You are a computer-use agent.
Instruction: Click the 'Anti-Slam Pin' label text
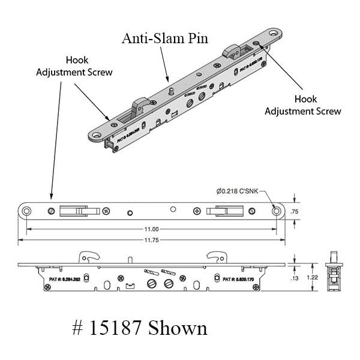(165, 39)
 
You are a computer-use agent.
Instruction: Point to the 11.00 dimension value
(151, 229)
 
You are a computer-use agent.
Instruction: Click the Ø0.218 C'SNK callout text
(237, 191)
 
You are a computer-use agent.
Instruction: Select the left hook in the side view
(88, 257)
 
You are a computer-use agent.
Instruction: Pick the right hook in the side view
(214, 257)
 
